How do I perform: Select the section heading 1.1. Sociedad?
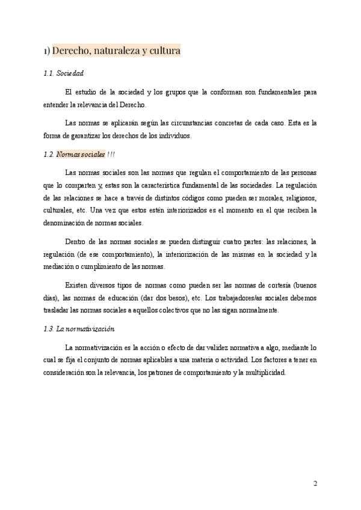[64, 73]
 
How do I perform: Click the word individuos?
[171, 135]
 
